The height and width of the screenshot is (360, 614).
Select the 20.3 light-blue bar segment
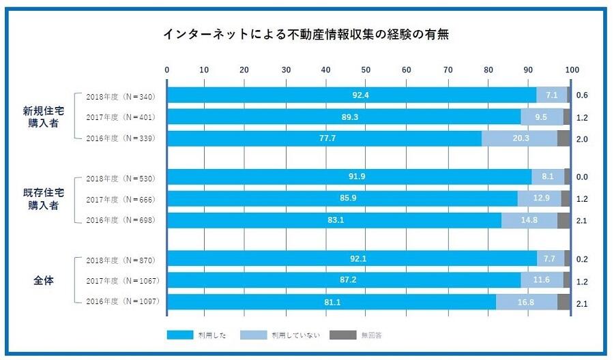click(520, 138)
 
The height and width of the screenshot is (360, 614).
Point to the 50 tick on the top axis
click(366, 70)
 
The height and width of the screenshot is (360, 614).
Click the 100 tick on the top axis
click(572, 70)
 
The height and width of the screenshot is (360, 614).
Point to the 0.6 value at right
click(582, 95)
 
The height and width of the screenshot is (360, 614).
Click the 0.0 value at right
click(582, 177)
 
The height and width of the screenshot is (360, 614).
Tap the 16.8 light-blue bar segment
click(526, 302)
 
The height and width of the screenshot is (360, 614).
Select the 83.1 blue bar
click(334, 220)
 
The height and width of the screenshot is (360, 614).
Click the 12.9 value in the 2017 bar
click(540, 198)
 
